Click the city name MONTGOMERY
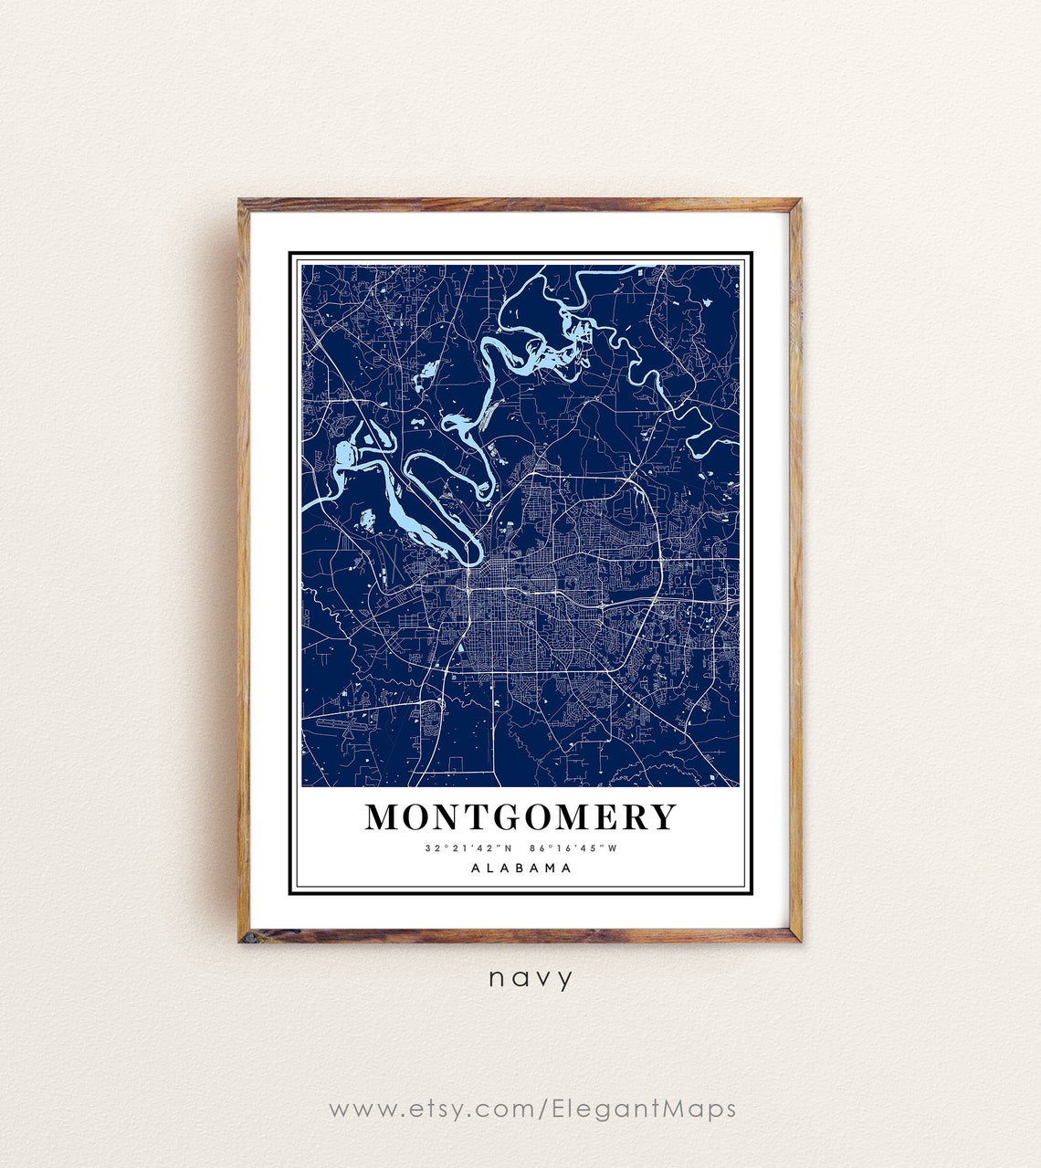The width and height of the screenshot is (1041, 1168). coord(520,816)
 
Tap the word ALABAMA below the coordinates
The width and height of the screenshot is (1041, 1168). coord(521,868)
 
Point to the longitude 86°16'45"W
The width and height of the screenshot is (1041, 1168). coord(573,848)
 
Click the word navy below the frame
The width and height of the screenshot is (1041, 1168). coord(531,978)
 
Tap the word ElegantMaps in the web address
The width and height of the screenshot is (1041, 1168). coord(644,1109)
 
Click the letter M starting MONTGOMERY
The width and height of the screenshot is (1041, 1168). coord(384,816)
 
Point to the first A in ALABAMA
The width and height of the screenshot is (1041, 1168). coord(476,868)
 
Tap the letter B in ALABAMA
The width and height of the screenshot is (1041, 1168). coord(521,868)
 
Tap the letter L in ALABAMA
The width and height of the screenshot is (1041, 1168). coord(491,868)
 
